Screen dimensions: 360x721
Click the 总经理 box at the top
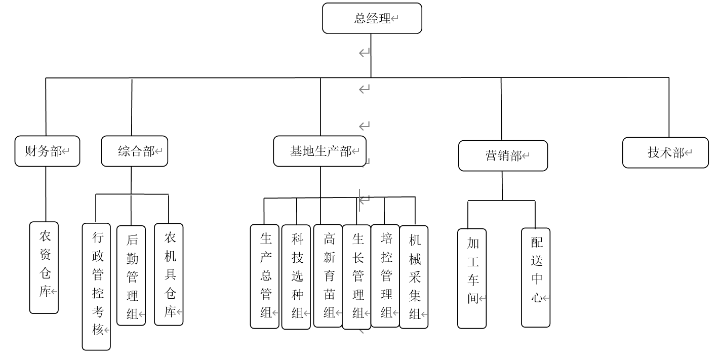pyautogui.click(x=372, y=19)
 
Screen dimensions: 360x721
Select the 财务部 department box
pyautogui.click(x=47, y=151)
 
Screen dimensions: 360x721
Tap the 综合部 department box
pyautogui.click(x=134, y=151)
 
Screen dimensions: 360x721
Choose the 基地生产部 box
pyautogui.click(x=320, y=151)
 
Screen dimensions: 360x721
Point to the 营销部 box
pyautogui.click(x=503, y=155)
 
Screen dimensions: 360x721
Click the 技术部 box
pyautogui.click(x=665, y=152)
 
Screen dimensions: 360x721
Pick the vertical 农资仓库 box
pyautogui.click(x=44, y=267)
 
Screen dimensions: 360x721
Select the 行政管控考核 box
pyautogui.click(x=96, y=286)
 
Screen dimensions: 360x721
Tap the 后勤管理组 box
pyautogui.click(x=131, y=275)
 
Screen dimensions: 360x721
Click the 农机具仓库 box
pyautogui.click(x=169, y=274)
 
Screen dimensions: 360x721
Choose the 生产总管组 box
pyautogui.click(x=265, y=276)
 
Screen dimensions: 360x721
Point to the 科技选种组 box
pyautogui.click(x=296, y=276)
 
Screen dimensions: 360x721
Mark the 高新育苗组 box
pyautogui.click(x=328, y=275)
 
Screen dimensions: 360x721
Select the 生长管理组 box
pyautogui.click(x=356, y=276)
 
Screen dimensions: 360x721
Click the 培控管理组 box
pyautogui.click(x=385, y=275)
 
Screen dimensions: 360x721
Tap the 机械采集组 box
pyautogui.click(x=414, y=276)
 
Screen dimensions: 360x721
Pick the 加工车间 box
pyautogui.click(x=472, y=278)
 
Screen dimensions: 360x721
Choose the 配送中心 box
pyautogui.click(x=536, y=277)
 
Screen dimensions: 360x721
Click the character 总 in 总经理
pyautogui.click(x=360, y=19)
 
